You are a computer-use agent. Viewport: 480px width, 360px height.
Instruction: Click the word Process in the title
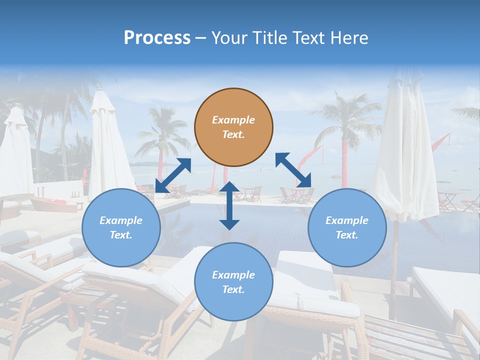pos(157,37)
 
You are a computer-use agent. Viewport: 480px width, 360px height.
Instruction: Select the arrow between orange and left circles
pos(173,175)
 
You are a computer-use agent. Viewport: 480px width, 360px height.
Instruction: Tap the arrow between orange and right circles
pos(293,170)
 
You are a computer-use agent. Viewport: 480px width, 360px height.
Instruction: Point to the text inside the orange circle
pos(233,127)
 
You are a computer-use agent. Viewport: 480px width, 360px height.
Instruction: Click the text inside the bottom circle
pos(233,282)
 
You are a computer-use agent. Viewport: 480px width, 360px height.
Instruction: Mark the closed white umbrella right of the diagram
pos(405,150)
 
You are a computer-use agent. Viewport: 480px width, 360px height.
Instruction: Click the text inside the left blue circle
pos(121,227)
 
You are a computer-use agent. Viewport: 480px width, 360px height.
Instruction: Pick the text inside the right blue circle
pos(347,227)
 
